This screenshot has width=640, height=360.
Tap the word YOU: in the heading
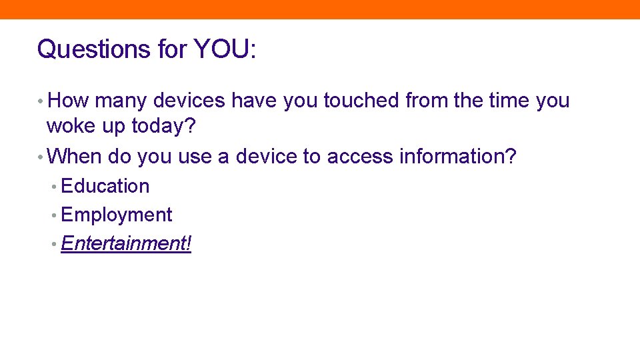pyautogui.click(x=225, y=49)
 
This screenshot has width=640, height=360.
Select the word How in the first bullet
pyautogui.click(x=69, y=101)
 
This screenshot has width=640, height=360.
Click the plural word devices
pyautogui.click(x=189, y=101)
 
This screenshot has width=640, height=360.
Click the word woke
pyautogui.click(x=69, y=126)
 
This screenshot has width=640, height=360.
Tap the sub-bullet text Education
pyautogui.click(x=105, y=186)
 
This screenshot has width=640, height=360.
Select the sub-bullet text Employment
pyautogui.click(x=116, y=215)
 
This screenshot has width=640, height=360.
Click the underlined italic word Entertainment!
pyautogui.click(x=126, y=243)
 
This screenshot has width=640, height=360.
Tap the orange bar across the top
pyautogui.click(x=320, y=9)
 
